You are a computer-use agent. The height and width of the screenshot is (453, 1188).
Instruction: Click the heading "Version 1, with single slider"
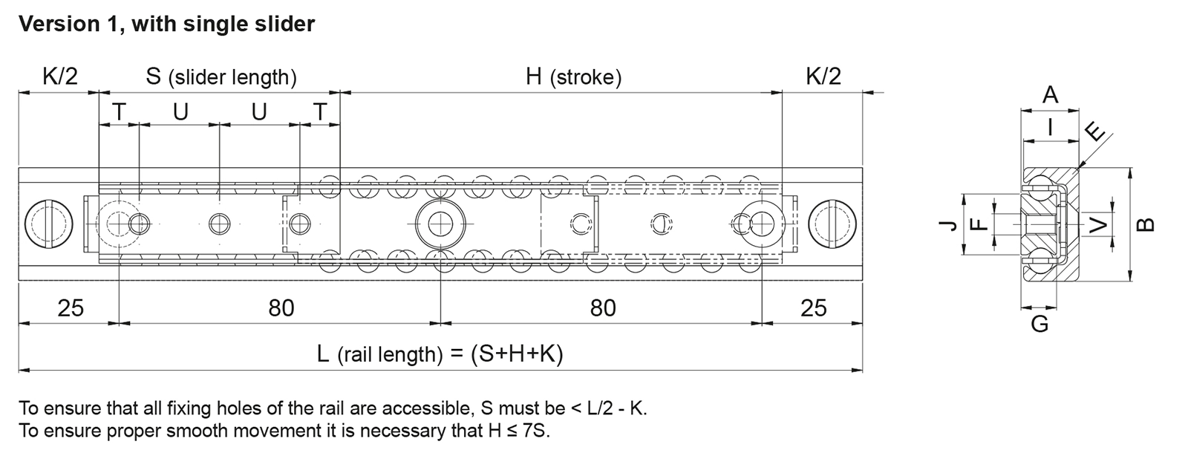click(x=166, y=25)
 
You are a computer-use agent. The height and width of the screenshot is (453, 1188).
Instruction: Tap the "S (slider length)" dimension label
click(x=221, y=77)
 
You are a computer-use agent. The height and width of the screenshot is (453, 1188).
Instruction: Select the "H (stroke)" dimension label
click(x=573, y=77)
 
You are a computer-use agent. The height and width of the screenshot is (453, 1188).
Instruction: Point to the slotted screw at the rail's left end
click(x=49, y=224)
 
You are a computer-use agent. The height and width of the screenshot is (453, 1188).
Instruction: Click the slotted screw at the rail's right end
click(x=832, y=224)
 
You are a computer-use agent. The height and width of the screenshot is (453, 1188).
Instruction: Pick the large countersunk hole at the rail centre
click(x=440, y=224)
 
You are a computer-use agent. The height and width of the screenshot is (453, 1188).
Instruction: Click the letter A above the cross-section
click(x=1050, y=96)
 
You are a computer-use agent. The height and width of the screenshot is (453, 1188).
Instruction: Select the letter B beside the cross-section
click(x=1146, y=225)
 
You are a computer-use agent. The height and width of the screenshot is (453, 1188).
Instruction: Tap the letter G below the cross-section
click(x=1039, y=324)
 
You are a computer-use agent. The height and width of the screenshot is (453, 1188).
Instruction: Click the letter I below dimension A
click(x=1050, y=127)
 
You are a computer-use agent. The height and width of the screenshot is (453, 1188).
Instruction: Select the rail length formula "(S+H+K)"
click(x=517, y=353)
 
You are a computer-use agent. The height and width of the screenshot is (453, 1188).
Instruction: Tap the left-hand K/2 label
click(x=60, y=76)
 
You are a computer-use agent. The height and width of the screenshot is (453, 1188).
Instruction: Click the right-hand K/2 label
click(x=823, y=76)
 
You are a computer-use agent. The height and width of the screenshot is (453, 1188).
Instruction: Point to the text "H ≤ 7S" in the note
click(x=518, y=430)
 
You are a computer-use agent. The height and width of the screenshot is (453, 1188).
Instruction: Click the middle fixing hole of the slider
click(x=220, y=224)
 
